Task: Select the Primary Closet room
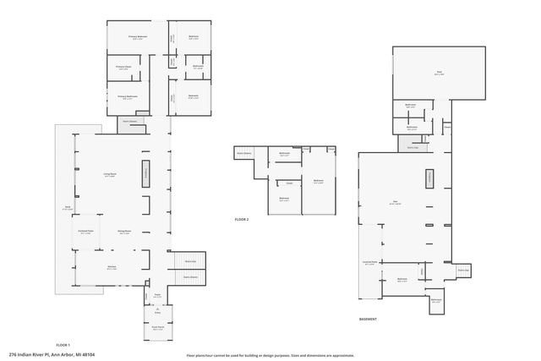point(123,68)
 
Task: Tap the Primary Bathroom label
point(128,96)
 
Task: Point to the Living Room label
point(110,174)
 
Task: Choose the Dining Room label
point(124,232)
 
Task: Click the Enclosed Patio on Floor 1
point(85,230)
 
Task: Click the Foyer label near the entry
point(157,295)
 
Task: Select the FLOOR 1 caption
point(63,345)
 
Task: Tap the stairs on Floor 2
point(246,153)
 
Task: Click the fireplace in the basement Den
point(429,178)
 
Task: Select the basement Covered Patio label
point(369,262)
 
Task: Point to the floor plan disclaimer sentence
point(270,355)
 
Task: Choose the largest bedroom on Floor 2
point(319,180)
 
